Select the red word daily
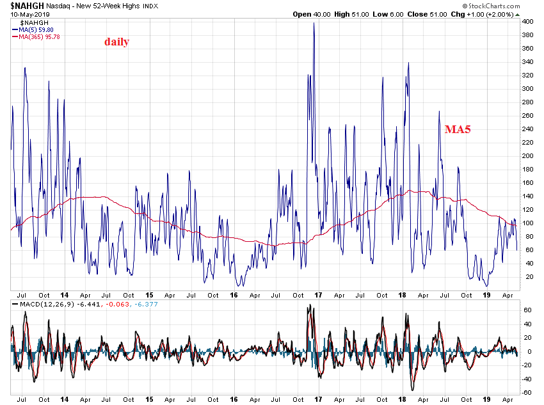(117, 42)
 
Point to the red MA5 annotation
(458, 130)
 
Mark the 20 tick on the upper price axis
(526, 277)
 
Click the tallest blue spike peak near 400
(314, 24)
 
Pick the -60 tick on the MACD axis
(527, 393)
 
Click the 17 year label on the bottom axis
(317, 400)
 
